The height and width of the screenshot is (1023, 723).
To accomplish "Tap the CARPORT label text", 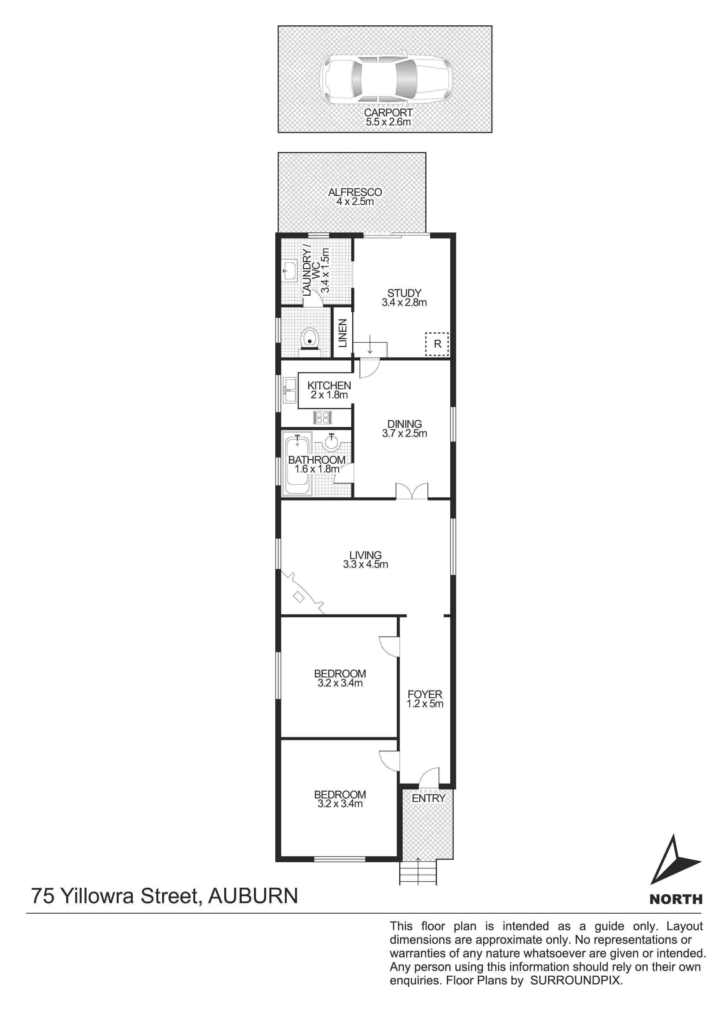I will pyautogui.click(x=388, y=113).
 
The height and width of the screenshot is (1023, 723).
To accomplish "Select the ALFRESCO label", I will pyautogui.click(x=355, y=192).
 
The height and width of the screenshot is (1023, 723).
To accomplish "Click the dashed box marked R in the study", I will pyautogui.click(x=437, y=344).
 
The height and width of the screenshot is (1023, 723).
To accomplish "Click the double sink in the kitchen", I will pyautogui.click(x=289, y=390).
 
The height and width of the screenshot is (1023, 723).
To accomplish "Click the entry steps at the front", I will pyautogui.click(x=418, y=873).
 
